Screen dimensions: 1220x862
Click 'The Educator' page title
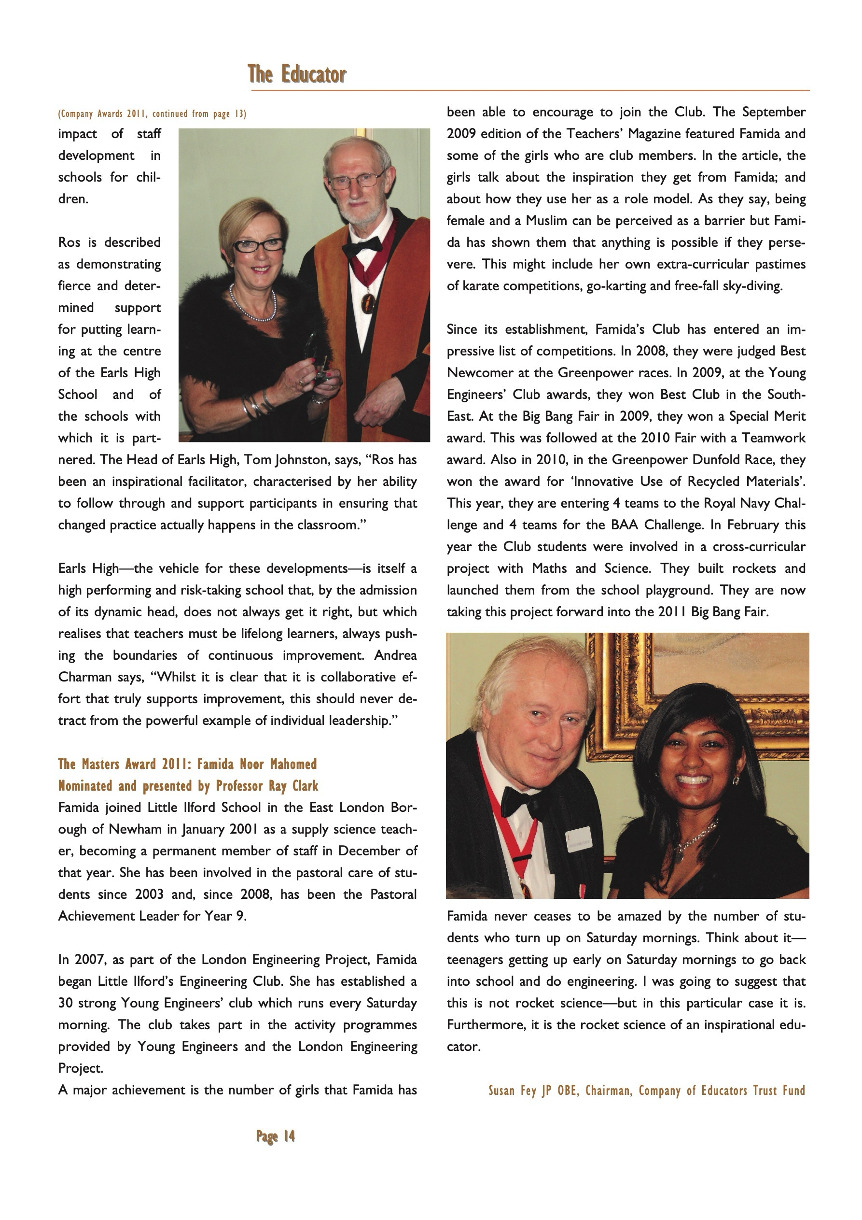(296, 74)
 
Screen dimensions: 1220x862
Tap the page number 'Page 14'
(275, 1136)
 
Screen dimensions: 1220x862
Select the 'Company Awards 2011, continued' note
(152, 113)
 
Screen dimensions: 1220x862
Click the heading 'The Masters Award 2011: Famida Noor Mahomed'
(187, 764)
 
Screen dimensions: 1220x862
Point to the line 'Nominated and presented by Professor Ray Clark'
(188, 786)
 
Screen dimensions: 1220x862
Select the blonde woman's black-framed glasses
(259, 245)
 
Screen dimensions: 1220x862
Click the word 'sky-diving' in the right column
(755, 286)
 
